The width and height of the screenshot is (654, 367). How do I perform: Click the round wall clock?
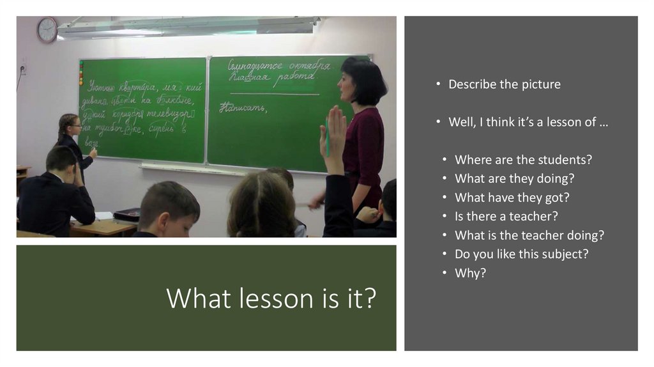click(x=47, y=29)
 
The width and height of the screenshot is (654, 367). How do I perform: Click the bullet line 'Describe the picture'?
click(x=504, y=84)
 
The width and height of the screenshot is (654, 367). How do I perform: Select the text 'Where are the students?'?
click(x=523, y=160)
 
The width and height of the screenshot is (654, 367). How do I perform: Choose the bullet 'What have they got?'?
click(x=512, y=198)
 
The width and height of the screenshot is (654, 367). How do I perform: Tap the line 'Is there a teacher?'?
click(x=506, y=216)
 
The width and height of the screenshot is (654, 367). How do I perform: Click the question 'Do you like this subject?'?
click(x=521, y=254)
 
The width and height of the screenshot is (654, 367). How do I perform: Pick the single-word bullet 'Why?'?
click(x=470, y=272)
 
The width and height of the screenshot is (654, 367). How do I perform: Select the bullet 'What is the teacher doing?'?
click(x=529, y=235)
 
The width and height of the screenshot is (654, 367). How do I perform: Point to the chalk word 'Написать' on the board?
click(x=242, y=108)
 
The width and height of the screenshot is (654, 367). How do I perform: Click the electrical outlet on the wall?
click(x=24, y=68)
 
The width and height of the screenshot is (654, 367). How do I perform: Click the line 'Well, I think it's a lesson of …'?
click(x=528, y=122)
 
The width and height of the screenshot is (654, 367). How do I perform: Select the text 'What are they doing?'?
click(x=514, y=178)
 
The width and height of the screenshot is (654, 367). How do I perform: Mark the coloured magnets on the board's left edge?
click(x=81, y=72)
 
